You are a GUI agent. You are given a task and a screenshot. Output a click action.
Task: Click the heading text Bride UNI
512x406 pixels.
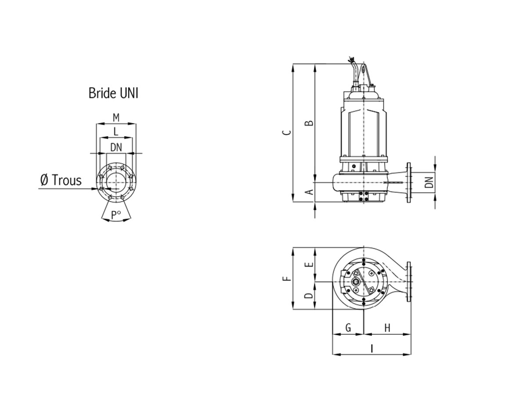point(113,93)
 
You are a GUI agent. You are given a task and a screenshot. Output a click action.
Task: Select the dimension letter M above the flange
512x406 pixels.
point(116,117)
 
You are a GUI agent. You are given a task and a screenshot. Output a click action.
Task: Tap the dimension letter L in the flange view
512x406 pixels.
point(115,132)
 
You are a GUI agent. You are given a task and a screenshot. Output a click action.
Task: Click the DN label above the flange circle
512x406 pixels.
point(116,147)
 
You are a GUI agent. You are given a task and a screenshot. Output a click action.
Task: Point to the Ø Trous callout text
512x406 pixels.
point(61,180)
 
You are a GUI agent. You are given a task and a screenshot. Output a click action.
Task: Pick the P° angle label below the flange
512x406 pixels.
point(116,215)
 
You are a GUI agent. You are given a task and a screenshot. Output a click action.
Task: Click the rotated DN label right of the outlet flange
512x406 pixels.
point(429,182)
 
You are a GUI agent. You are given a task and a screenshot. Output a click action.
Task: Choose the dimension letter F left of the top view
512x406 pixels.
point(286,279)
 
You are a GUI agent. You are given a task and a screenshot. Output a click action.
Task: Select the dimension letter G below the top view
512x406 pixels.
point(348,327)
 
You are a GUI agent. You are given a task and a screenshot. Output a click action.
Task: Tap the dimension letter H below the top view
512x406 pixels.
point(387,328)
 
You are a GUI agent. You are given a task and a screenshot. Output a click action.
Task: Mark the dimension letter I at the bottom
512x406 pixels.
point(371,348)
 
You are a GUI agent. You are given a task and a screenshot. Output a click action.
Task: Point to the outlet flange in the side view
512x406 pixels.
point(409,183)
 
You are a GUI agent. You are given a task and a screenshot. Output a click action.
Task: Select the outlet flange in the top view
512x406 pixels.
point(409,282)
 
